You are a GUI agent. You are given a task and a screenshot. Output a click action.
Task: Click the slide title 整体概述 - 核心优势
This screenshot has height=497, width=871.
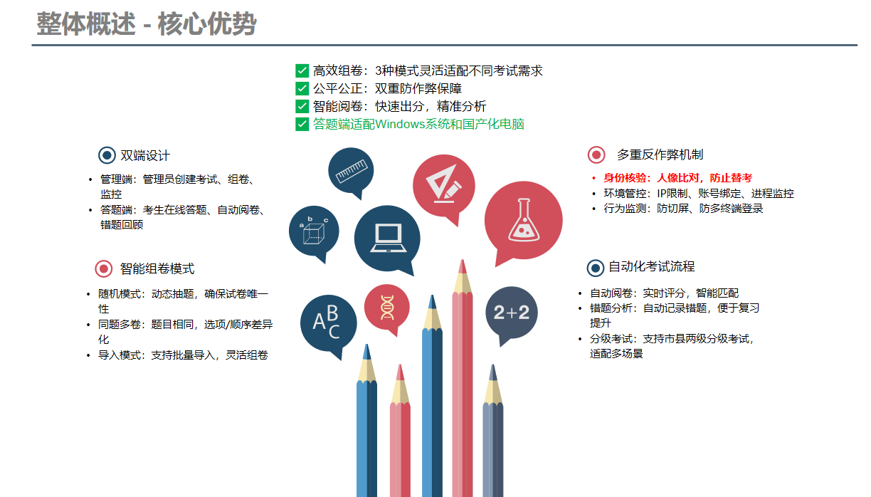click(146, 24)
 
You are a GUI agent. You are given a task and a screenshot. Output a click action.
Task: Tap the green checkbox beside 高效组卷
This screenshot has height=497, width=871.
click(302, 70)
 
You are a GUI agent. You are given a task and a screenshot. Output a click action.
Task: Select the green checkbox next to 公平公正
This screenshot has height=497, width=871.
click(302, 89)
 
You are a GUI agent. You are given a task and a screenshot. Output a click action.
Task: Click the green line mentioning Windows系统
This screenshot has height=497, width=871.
click(418, 124)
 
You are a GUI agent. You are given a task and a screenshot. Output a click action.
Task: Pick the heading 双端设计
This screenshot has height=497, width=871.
click(145, 156)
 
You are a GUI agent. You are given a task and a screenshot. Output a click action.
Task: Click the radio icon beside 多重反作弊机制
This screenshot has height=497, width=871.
click(596, 155)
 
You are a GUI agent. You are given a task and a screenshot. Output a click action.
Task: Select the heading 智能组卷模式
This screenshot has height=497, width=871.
click(157, 269)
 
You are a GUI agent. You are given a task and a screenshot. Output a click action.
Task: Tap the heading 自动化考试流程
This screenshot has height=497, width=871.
click(652, 266)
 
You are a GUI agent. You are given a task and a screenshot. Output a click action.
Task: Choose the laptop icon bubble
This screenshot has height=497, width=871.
click(387, 239)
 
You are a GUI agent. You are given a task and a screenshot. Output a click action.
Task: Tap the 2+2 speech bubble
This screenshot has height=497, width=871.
click(512, 313)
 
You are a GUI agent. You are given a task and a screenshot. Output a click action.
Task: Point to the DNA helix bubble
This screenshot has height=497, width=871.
click(387, 308)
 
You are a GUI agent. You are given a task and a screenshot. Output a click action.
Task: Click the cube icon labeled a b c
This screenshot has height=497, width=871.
click(313, 231)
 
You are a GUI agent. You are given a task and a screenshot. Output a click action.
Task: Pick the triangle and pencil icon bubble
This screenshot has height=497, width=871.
click(443, 186)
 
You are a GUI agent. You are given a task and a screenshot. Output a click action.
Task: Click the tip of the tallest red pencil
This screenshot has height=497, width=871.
click(463, 260)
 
